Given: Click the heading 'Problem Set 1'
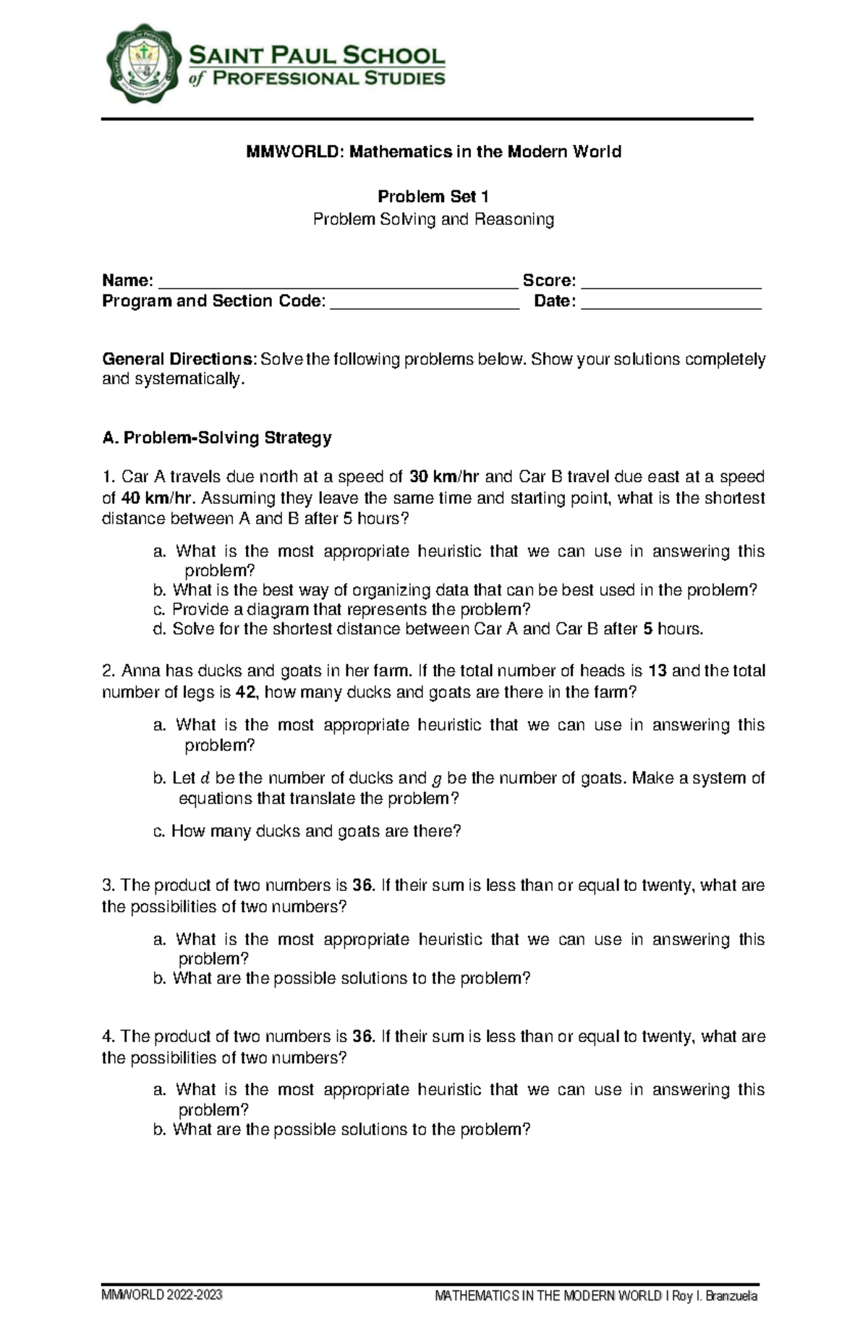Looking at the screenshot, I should [433, 196].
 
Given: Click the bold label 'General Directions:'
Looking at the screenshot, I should [179, 359].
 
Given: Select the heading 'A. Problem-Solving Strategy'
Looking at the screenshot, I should [217, 438].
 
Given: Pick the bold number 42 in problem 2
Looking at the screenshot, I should [246, 692].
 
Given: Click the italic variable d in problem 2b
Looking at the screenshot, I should [205, 779].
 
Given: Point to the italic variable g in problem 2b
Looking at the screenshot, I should [436, 779].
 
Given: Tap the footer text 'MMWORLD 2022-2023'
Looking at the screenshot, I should [162, 1295].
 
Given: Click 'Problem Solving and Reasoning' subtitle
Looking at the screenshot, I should [433, 219].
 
